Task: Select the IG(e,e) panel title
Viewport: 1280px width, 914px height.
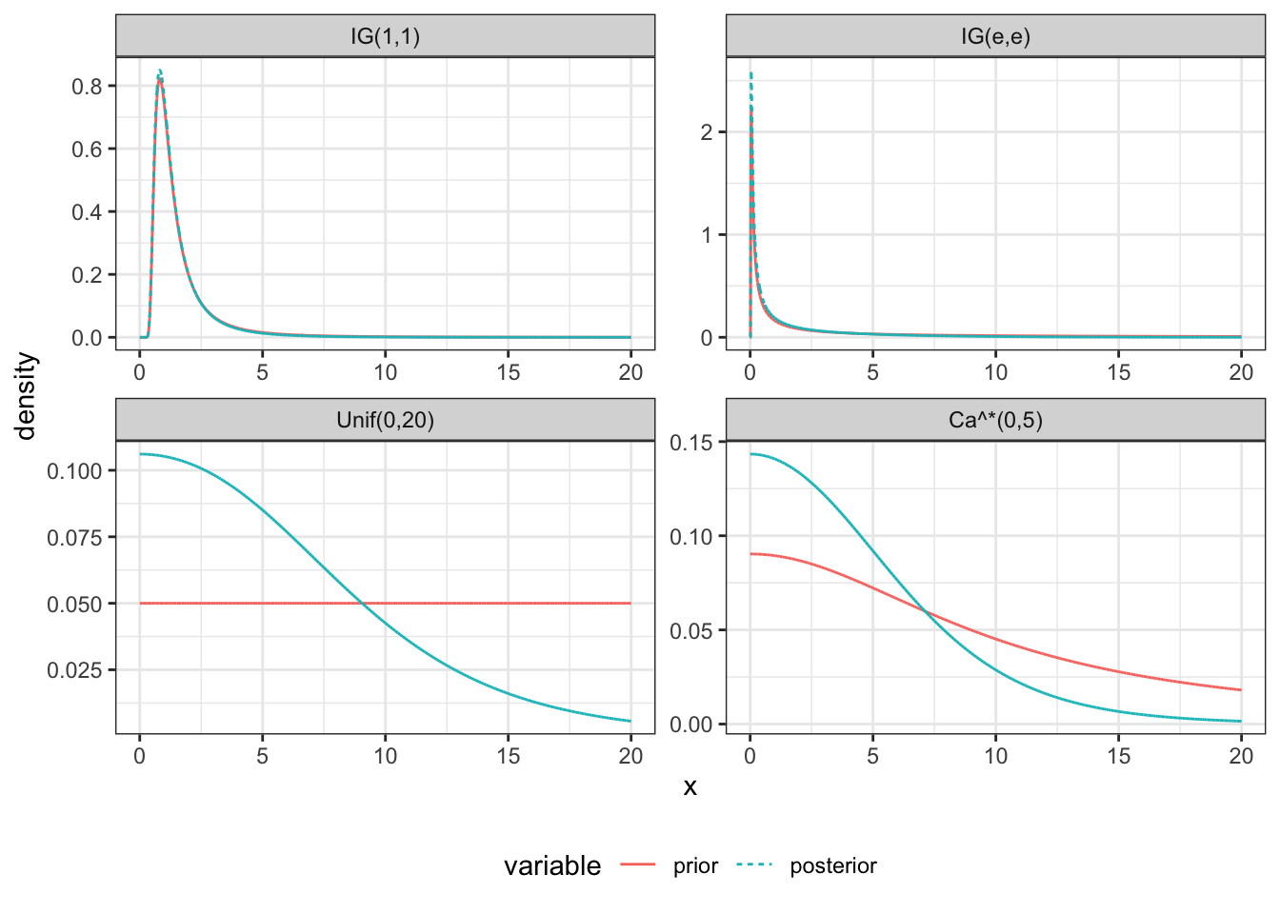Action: [x=995, y=37]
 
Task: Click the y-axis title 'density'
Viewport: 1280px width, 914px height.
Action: [x=26, y=395]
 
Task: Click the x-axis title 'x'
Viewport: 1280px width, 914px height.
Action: [x=690, y=787]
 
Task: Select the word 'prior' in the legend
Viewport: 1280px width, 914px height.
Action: [x=695, y=866]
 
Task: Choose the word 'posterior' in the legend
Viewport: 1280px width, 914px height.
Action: [x=832, y=866]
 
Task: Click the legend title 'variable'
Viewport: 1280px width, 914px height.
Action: [x=552, y=866]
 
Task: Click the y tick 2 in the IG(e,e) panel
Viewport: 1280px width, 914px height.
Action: [x=707, y=132]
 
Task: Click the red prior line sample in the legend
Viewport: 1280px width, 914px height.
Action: [x=638, y=865]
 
